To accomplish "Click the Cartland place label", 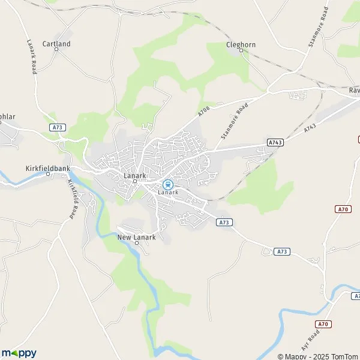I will click(x=56, y=44).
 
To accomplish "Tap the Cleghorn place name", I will click(x=241, y=44).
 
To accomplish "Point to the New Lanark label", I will click(x=136, y=237).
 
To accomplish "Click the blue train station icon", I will click(x=169, y=184).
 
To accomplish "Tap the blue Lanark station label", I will click(x=169, y=193).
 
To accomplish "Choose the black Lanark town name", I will click(x=134, y=175).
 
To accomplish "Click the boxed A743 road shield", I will click(x=275, y=142).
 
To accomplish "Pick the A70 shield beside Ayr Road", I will click(x=324, y=325).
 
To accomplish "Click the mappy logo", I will click(x=19, y=353).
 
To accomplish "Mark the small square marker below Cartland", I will click(x=56, y=49).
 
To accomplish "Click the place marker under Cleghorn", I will click(x=241, y=50).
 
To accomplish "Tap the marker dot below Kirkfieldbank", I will click(x=48, y=174).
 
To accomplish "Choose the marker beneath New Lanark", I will click(x=136, y=243).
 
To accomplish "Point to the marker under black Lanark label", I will click(x=134, y=181).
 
